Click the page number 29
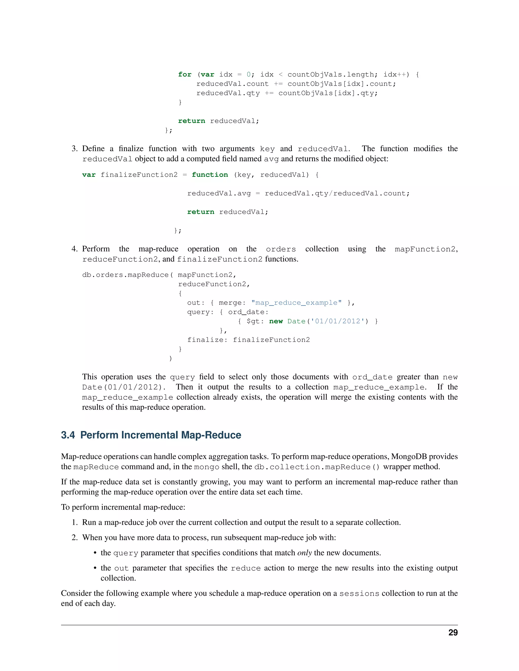point(453,633)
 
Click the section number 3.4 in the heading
point(68,435)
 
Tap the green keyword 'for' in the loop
point(185,74)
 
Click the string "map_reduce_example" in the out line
point(296,303)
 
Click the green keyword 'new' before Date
point(276,321)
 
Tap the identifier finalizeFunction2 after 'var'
point(139,175)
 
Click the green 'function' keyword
point(210,175)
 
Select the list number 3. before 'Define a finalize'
point(75,149)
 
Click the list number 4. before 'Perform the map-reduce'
point(75,249)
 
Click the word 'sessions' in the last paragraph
point(359,593)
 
